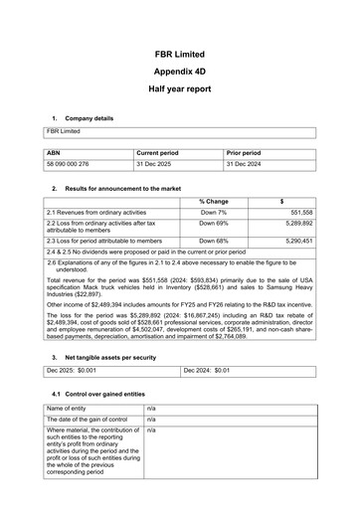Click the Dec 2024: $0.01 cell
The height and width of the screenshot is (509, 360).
tap(208, 398)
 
